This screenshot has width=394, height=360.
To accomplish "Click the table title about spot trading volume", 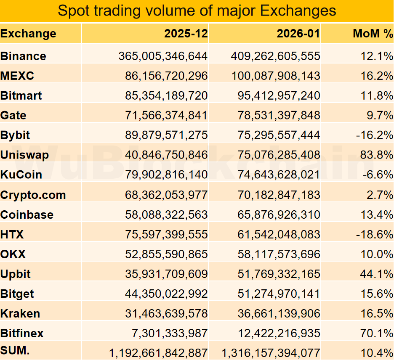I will click(197, 11).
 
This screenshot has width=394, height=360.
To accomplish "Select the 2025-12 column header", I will click(186, 34).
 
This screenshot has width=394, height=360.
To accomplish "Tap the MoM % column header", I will click(373, 34).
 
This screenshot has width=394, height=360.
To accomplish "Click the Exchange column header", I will click(28, 34).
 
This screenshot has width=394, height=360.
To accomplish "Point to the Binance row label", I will click(24, 56).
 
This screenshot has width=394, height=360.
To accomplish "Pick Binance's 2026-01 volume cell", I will click(276, 56).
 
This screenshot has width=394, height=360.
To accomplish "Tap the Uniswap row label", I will click(24, 155).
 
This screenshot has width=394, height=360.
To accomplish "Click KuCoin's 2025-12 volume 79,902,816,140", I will click(166, 175).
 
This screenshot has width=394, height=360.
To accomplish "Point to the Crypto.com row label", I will click(33, 195).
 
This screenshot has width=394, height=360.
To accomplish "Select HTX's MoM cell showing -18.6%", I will click(375, 234).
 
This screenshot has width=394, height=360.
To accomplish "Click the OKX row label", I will click(13, 254).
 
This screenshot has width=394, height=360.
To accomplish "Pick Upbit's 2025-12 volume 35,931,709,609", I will click(166, 274).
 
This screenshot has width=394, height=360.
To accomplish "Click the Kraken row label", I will click(20, 313).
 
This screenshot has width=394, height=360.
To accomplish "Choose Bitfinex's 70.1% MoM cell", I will click(377, 334).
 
